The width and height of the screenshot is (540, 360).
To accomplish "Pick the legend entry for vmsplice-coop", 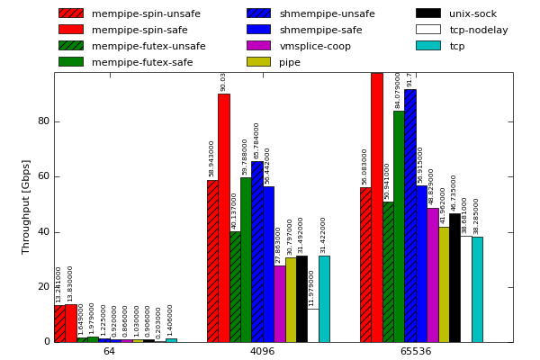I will [315, 46].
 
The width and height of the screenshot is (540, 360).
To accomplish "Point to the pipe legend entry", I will [290, 62].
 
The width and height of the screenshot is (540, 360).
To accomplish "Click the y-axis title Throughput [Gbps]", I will [26, 206].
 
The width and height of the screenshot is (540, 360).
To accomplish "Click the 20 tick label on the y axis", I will [43, 287].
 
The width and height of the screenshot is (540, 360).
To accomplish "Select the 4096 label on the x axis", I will [262, 351].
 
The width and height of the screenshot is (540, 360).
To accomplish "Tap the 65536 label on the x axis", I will [416, 351].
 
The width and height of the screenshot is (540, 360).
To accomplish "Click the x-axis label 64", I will [109, 351].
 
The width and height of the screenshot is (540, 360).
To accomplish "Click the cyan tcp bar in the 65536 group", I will [477, 289].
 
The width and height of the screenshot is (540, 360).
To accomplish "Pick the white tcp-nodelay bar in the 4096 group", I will [312, 325].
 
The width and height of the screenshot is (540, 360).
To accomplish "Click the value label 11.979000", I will [312, 288].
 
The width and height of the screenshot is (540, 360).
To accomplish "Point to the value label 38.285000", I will [477, 216].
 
